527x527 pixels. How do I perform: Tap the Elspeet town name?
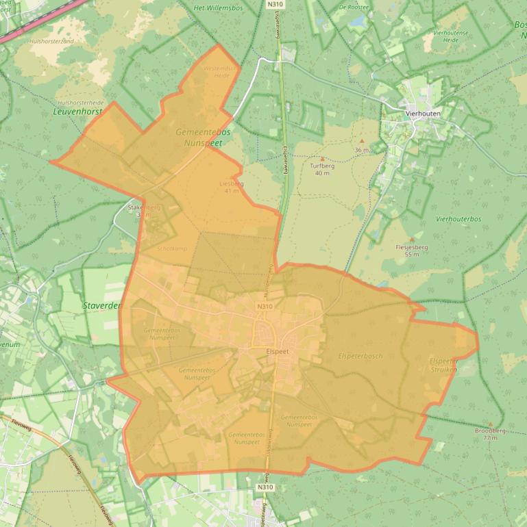pyautogui.click(x=278, y=351)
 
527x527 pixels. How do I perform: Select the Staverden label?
pyautogui.click(x=102, y=306)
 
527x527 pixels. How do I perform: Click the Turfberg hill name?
pyautogui.click(x=322, y=166)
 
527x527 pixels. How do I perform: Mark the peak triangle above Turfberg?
pyautogui.click(x=322, y=159)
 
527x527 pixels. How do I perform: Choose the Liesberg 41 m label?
pyautogui.click(x=231, y=187)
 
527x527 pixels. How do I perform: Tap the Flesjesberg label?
pyautogui.click(x=412, y=247)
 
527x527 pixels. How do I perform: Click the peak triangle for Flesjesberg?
pyautogui.click(x=411, y=240)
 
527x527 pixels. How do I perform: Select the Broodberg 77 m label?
pyautogui.click(x=490, y=433)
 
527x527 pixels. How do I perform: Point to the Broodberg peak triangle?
pyautogui.click(x=490, y=424)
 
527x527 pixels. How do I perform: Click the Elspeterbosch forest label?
pyautogui.click(x=360, y=356)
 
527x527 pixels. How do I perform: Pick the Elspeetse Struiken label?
pyautogui.click(x=443, y=365)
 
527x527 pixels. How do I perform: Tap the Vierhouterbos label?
pyautogui.click(x=458, y=219)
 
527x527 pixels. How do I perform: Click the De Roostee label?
pyautogui.click(x=354, y=7)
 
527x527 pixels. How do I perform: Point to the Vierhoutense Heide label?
pyautogui.click(x=450, y=36)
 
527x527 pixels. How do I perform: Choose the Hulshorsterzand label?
pyautogui.click(x=51, y=41)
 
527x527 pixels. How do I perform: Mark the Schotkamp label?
pyautogui.click(x=171, y=248)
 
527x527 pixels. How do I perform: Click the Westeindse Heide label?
pyautogui.click(x=220, y=72)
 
